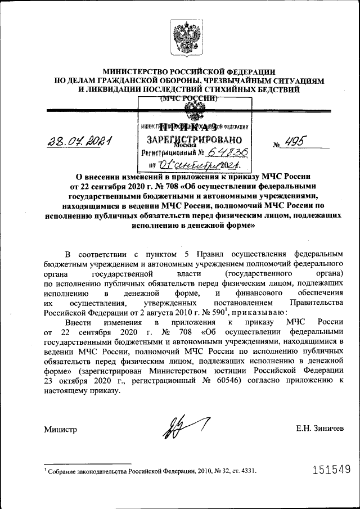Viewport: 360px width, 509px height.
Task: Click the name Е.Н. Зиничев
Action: (319, 429)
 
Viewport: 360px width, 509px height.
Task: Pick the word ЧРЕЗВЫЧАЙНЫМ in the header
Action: (240, 80)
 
